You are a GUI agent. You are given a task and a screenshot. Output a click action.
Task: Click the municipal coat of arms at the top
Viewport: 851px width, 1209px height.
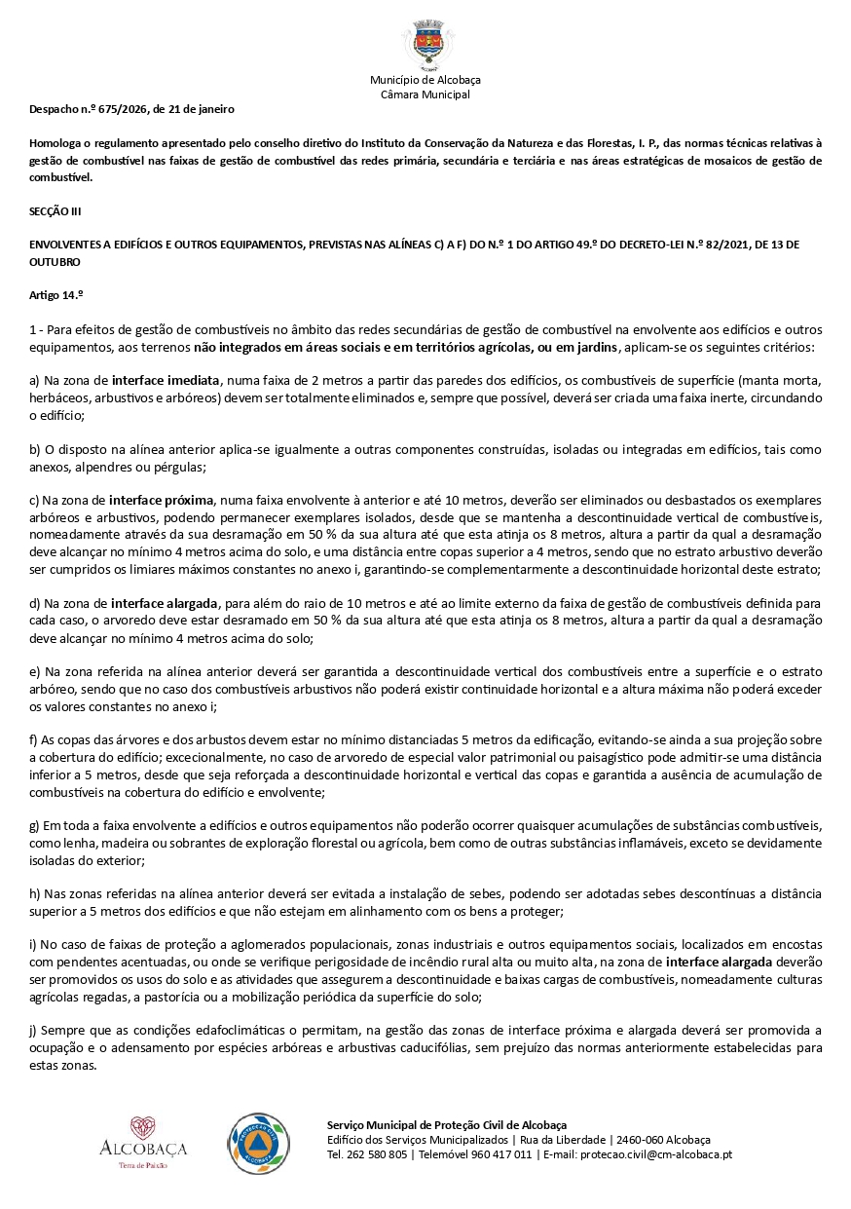point(425,42)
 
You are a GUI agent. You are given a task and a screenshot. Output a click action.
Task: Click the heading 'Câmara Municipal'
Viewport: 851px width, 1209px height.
point(425,94)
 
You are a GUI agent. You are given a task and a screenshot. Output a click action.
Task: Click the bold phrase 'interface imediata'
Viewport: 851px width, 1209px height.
point(166,379)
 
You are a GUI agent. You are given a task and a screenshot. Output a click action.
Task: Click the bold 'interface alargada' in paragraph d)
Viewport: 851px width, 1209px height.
point(166,604)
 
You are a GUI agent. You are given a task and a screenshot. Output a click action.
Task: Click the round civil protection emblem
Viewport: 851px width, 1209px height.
point(258,1143)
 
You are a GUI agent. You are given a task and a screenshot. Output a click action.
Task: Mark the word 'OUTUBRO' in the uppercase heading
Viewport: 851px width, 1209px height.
point(55,262)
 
